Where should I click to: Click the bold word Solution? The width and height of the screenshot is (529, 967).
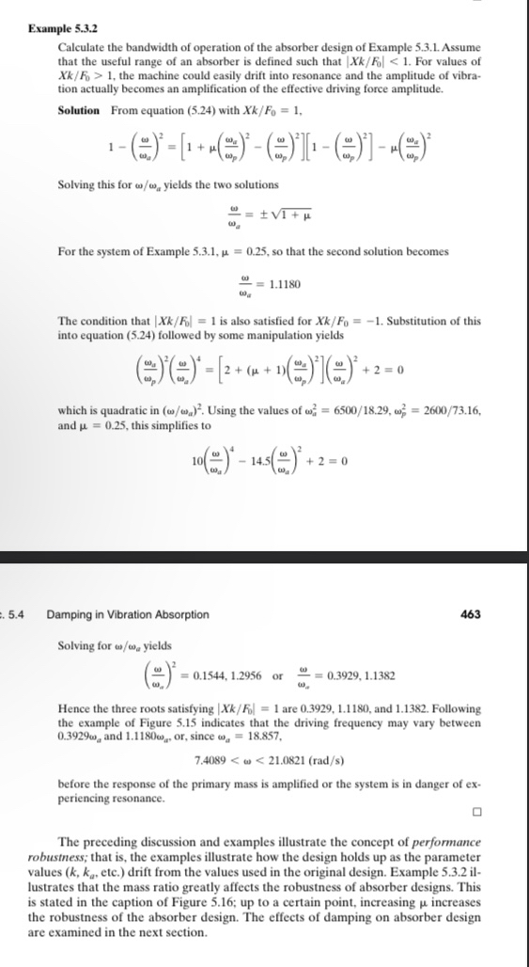79,110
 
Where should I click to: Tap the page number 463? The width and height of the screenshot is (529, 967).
471,614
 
